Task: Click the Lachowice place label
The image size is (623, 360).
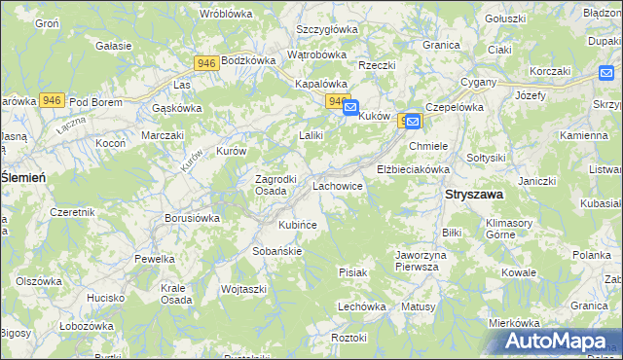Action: (338, 184)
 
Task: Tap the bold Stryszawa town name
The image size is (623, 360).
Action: (474, 195)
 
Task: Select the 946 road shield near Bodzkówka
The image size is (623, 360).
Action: (205, 63)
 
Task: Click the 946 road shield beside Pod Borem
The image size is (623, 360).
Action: (53, 100)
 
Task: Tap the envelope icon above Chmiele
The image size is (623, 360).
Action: (413, 121)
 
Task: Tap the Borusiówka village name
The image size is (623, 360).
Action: (192, 218)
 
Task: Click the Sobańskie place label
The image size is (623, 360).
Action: (278, 250)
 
